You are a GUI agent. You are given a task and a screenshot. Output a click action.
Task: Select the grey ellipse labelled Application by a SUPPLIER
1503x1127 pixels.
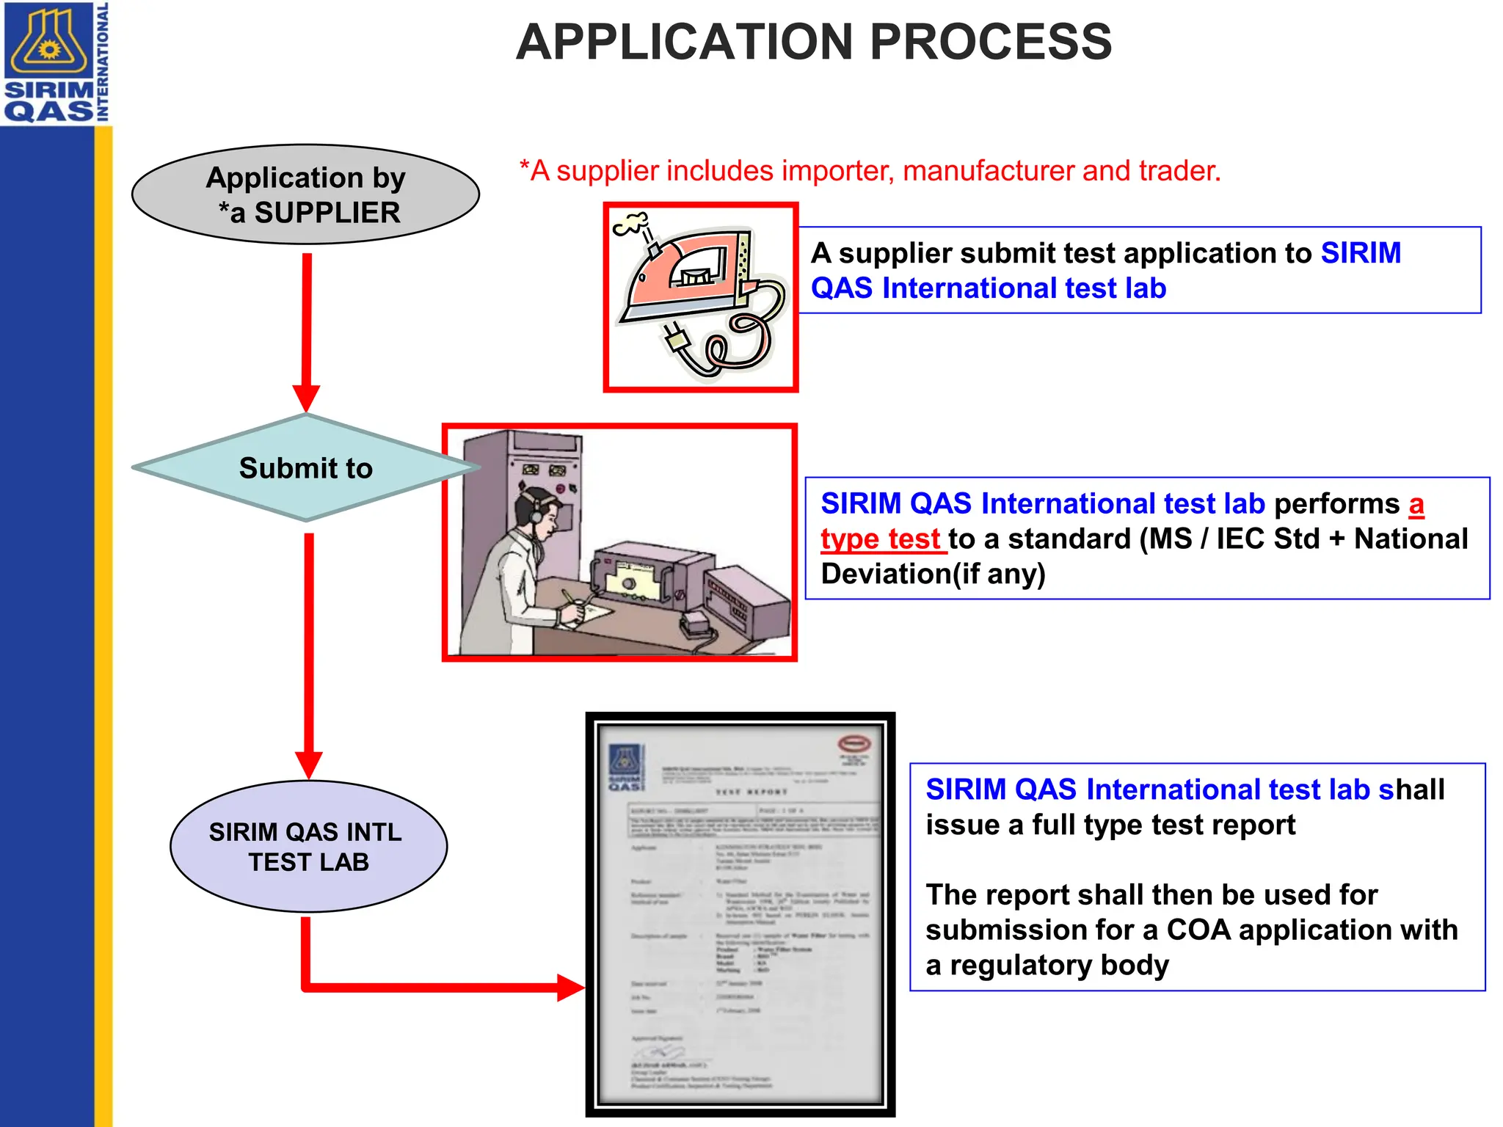click(305, 194)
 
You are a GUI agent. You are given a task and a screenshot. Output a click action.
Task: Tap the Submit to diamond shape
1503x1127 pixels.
click(305, 468)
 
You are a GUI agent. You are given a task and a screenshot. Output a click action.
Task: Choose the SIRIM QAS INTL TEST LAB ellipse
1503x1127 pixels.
click(308, 846)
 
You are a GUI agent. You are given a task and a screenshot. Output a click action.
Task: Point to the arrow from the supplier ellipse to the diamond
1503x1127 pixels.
click(307, 330)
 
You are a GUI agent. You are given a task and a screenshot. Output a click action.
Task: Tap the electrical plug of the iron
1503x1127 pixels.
click(676, 339)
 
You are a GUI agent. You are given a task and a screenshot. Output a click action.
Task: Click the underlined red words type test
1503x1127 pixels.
click(880, 539)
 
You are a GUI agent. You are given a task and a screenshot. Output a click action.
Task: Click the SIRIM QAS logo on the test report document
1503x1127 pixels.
click(625, 767)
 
